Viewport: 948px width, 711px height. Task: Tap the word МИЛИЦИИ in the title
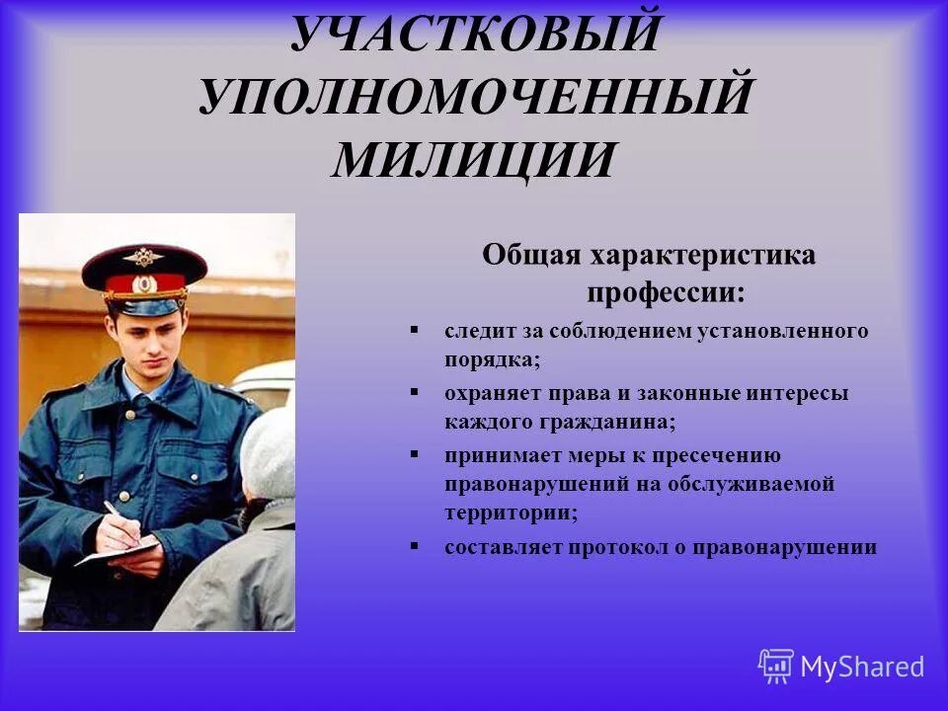point(474,161)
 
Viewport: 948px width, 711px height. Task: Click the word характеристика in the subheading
point(703,255)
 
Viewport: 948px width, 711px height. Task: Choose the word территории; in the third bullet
point(511,513)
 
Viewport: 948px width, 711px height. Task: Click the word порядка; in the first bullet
point(492,359)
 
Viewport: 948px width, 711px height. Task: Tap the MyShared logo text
point(862,667)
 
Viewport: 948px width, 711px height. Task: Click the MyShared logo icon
point(776,666)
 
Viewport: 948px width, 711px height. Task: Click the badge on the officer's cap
point(144,256)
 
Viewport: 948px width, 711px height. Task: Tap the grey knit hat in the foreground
point(270,454)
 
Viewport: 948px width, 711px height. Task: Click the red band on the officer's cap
point(145,284)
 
